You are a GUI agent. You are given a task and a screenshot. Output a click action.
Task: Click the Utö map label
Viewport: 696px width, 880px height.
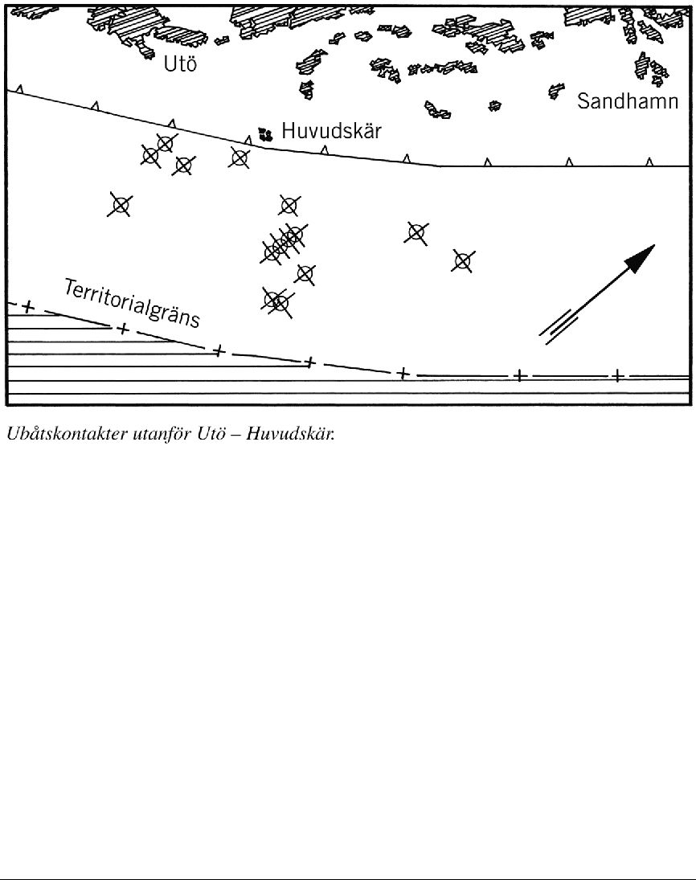point(180,64)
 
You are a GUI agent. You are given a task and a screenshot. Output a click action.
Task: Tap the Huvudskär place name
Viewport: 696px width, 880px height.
point(331,131)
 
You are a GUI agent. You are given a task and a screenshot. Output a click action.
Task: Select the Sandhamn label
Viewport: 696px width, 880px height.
point(628,101)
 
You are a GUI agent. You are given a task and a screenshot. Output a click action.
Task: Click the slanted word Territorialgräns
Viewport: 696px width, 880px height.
point(132,303)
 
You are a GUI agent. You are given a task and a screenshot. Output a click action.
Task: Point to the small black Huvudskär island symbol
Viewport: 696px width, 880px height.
point(265,134)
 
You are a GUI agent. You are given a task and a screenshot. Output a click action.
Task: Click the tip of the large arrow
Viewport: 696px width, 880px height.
point(655,244)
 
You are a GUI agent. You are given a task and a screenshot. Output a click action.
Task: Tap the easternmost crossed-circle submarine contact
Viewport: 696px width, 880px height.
point(462,261)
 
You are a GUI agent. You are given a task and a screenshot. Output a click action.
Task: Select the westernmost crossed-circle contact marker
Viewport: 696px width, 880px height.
point(120,206)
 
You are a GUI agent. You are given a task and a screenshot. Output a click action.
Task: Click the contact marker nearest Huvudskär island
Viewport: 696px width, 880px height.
point(240,158)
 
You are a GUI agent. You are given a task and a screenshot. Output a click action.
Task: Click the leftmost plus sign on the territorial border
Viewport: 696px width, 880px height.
point(28,307)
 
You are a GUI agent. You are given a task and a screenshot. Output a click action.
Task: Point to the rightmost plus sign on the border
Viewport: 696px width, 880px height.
point(617,375)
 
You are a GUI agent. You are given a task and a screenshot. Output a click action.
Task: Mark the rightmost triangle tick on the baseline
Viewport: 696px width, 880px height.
point(649,162)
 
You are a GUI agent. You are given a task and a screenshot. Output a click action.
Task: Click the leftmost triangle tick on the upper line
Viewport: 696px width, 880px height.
point(19,89)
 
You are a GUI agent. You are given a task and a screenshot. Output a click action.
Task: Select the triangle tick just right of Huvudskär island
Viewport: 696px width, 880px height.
point(324,149)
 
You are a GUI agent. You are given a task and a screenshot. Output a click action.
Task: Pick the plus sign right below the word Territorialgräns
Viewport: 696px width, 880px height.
point(124,329)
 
